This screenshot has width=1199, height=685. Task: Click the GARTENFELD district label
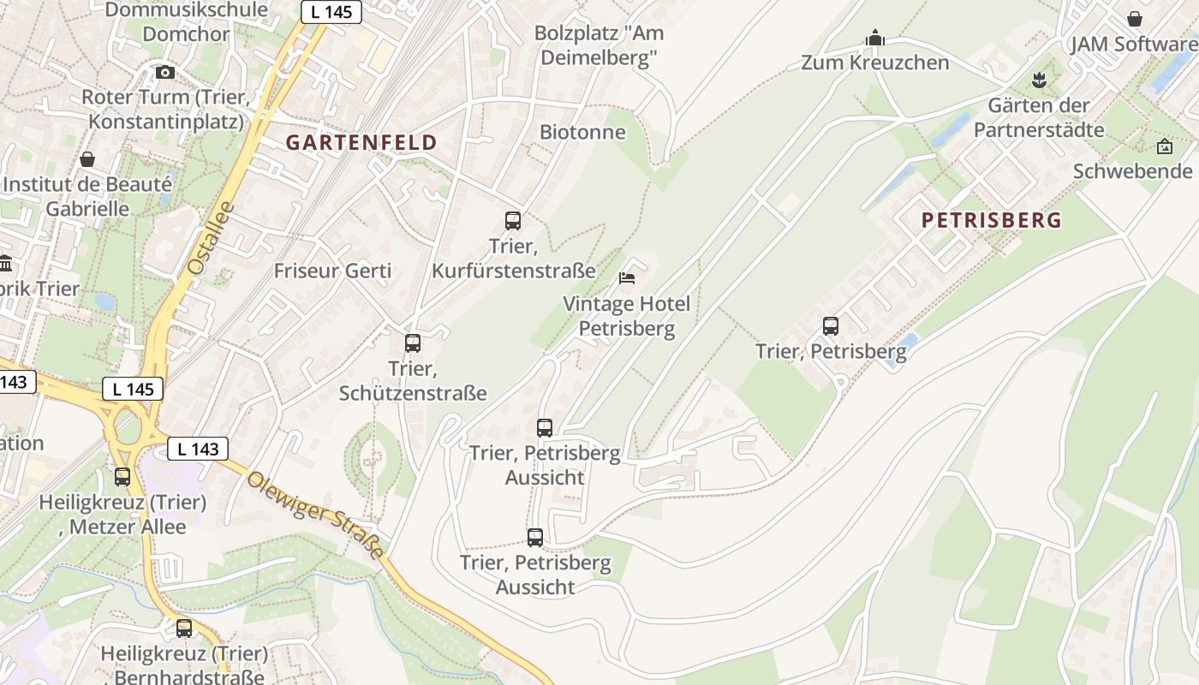361,142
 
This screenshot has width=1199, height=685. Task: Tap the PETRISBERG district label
991,220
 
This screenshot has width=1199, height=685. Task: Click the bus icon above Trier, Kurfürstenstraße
513,221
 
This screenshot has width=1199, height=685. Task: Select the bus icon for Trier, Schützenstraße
413,343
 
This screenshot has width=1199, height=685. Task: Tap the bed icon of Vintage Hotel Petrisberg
627,278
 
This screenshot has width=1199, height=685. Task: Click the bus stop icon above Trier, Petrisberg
831,326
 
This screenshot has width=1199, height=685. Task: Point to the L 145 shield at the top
331,12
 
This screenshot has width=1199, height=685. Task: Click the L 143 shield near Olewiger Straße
198,449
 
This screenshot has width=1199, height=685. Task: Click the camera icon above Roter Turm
165,73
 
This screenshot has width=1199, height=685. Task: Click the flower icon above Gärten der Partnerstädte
1039,80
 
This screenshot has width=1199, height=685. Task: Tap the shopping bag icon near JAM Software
1135,19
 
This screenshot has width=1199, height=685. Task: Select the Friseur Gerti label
332,271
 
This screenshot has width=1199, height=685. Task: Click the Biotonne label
582,132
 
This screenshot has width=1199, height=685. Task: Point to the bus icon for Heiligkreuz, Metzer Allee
122,477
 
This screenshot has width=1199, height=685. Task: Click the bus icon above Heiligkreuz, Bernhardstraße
184,628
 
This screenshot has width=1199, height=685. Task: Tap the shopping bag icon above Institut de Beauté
86,159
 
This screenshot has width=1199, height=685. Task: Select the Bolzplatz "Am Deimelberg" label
599,45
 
